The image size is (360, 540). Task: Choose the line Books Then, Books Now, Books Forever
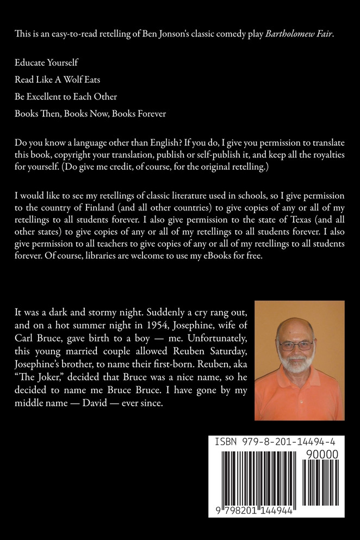click(90, 114)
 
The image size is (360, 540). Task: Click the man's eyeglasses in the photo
click(296, 345)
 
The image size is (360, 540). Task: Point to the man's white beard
click(297, 370)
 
